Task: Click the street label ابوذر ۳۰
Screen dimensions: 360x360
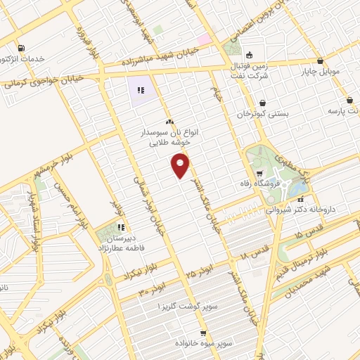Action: pos(153,288)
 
